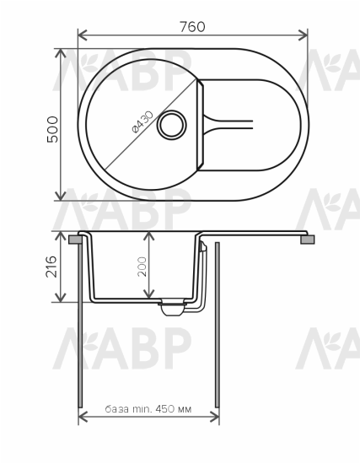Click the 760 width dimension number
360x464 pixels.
(193, 26)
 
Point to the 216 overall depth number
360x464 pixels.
(51, 267)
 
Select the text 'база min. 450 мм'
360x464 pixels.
(148, 408)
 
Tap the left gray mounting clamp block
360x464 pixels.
(76, 240)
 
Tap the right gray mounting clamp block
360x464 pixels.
(308, 240)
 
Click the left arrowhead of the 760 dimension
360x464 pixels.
(82, 36)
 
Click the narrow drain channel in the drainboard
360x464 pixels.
(232, 125)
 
